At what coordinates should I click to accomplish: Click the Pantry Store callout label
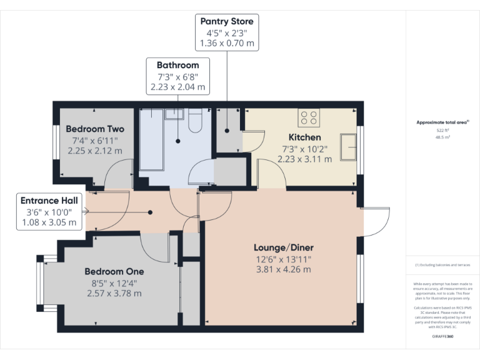pyautogui.click(x=226, y=22)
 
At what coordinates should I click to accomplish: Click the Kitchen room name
pyautogui.click(x=304, y=137)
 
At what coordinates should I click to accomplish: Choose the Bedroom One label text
pyautogui.click(x=114, y=271)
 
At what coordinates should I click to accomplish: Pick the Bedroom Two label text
pyautogui.click(x=95, y=129)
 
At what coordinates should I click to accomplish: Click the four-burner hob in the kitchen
pyautogui.click(x=308, y=117)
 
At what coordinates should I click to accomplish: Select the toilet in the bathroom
pyautogui.click(x=194, y=120)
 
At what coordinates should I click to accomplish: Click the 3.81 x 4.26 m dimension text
pyautogui.click(x=282, y=269)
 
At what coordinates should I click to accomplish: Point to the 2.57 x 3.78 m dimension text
pyautogui.click(x=114, y=293)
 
